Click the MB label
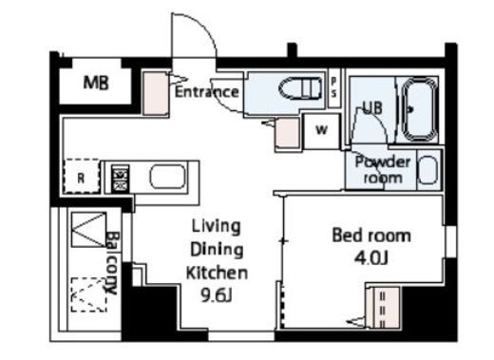point(96,83)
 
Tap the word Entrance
point(207,92)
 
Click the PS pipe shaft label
point(333,87)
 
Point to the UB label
point(372,107)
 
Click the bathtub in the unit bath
point(419,108)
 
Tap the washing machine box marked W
point(321,131)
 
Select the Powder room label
point(383,170)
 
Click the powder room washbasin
point(428,170)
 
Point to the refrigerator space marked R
point(81,176)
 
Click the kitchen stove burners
point(121,179)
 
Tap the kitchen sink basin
point(167,177)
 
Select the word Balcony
point(112,263)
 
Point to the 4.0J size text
point(371,258)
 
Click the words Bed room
point(371,236)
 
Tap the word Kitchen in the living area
point(217,273)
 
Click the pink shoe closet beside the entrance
point(155,93)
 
